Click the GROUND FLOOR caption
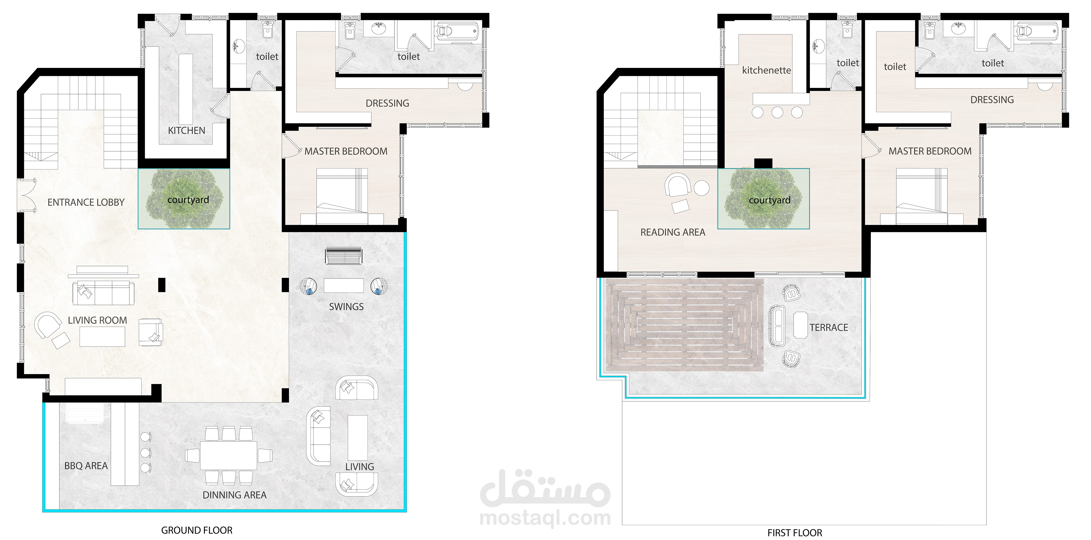click(x=197, y=530)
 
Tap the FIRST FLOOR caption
click(x=795, y=533)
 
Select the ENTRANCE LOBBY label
click(x=86, y=203)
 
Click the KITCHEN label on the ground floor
click(x=186, y=131)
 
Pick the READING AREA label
click(x=673, y=232)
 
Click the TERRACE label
click(x=829, y=328)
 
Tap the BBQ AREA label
click(x=86, y=466)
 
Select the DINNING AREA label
click(x=235, y=495)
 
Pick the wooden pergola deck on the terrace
click(x=684, y=325)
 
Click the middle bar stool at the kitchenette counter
click(x=777, y=112)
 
